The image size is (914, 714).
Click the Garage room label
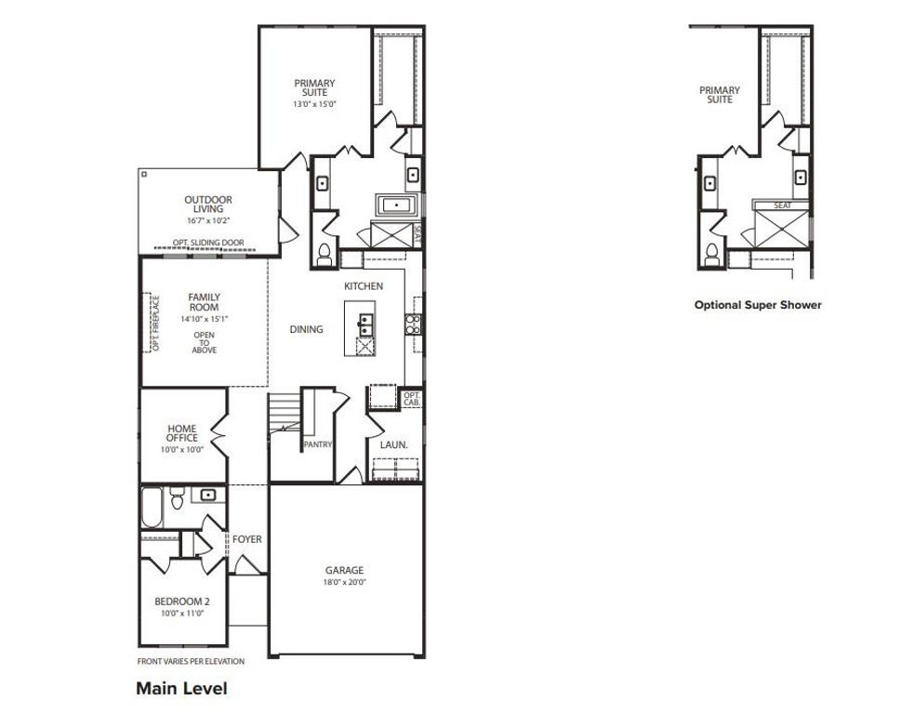point(344,570)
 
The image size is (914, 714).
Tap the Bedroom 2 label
point(181,601)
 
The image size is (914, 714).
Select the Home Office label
point(182,433)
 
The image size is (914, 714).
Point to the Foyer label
point(246,539)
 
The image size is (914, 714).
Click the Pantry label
point(317,445)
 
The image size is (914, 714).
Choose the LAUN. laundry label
point(393,445)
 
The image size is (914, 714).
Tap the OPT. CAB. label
point(412,400)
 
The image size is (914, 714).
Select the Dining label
point(306,329)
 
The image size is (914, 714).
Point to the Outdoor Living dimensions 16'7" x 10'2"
point(207,220)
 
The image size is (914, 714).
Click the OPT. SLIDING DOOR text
point(208,243)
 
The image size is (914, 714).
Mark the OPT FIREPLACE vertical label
point(155,323)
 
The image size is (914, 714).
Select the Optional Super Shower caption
point(758,304)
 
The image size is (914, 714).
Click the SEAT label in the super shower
point(782,205)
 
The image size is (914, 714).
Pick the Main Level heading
point(181,689)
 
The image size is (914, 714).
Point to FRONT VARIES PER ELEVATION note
point(191,662)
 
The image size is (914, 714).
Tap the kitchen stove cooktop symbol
point(413,324)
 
